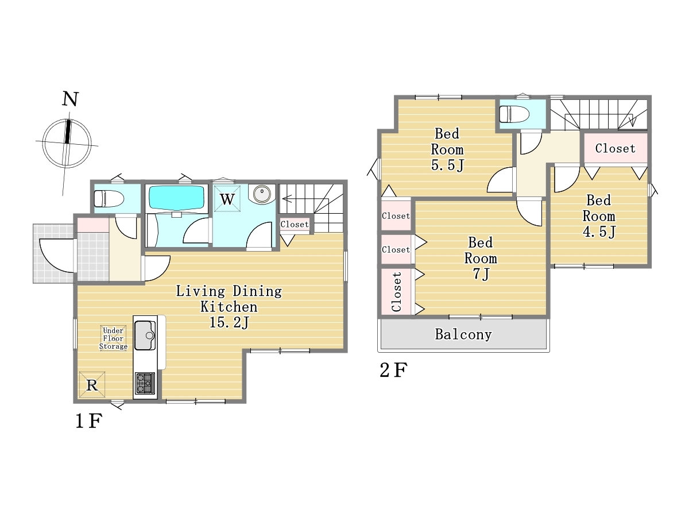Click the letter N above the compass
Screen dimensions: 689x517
point(70,99)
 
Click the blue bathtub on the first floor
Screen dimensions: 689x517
point(176,198)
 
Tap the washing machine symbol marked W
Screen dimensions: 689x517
point(227,198)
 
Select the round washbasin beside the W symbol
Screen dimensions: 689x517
point(262,194)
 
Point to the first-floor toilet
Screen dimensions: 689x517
point(109,198)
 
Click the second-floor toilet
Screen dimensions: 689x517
point(514,114)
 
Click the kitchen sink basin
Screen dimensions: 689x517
point(145,335)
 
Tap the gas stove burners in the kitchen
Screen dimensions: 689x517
point(145,383)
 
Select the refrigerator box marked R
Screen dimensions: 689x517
point(92,385)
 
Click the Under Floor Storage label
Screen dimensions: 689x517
point(113,338)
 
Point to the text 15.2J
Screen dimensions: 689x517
point(229,322)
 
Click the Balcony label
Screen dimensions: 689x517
point(463,335)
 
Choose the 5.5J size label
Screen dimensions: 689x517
point(447,165)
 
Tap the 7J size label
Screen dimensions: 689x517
point(481,274)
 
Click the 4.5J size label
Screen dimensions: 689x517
point(599,232)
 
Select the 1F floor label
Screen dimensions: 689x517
point(89,421)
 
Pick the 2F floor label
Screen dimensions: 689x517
point(394,370)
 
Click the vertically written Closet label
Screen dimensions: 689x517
point(397,292)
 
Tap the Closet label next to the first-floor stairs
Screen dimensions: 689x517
point(295,225)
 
